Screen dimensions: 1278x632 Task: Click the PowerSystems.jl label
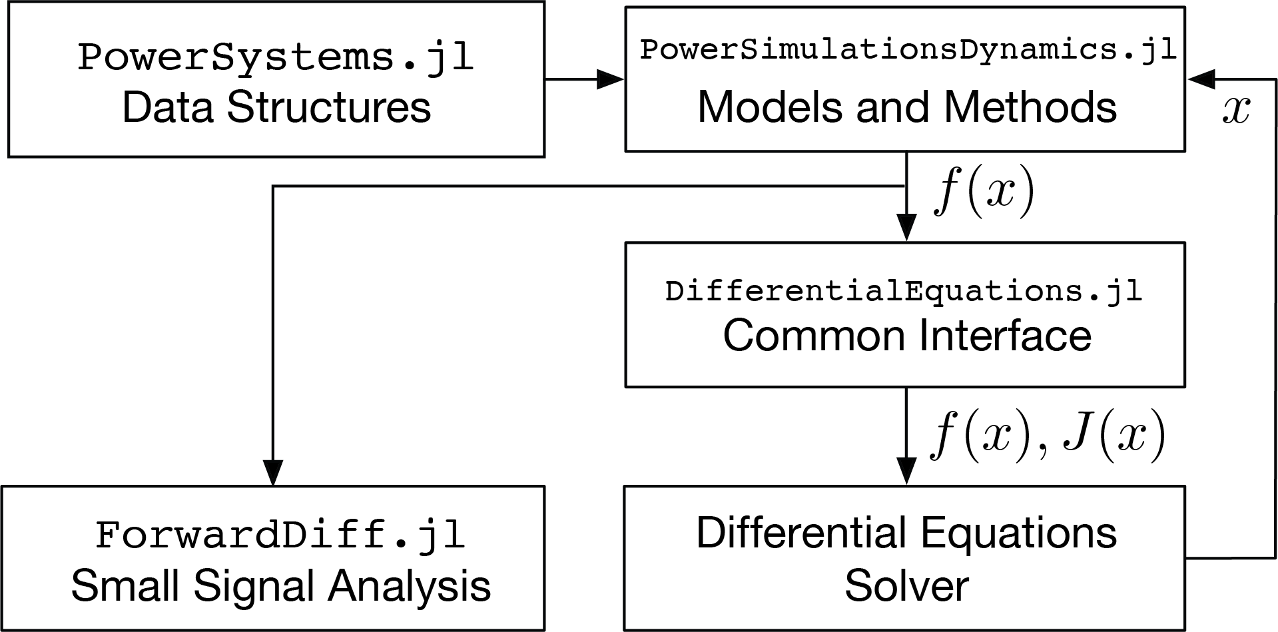pyautogui.click(x=276, y=57)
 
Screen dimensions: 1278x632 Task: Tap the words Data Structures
pyautogui.click(x=276, y=108)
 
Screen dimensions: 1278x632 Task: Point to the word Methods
pyautogui.click(x=1030, y=107)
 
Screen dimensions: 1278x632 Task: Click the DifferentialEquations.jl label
pyautogui.click(x=904, y=292)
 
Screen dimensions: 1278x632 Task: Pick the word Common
pyautogui.click(x=813, y=335)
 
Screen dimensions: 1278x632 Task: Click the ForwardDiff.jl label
pyautogui.click(x=280, y=535)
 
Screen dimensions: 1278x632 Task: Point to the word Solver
pyautogui.click(x=906, y=585)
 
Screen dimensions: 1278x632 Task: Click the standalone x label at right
pyautogui.click(x=1236, y=111)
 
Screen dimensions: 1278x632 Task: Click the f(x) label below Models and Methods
pyautogui.click(x=984, y=193)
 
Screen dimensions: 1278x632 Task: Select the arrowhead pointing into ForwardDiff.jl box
pyautogui.click(x=273, y=472)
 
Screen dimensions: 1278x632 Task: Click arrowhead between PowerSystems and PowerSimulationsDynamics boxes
pyautogui.click(x=611, y=79)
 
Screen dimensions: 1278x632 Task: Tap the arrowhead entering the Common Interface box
pyautogui.click(x=906, y=228)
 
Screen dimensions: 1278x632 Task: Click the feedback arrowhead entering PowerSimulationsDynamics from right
pyautogui.click(x=1200, y=79)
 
